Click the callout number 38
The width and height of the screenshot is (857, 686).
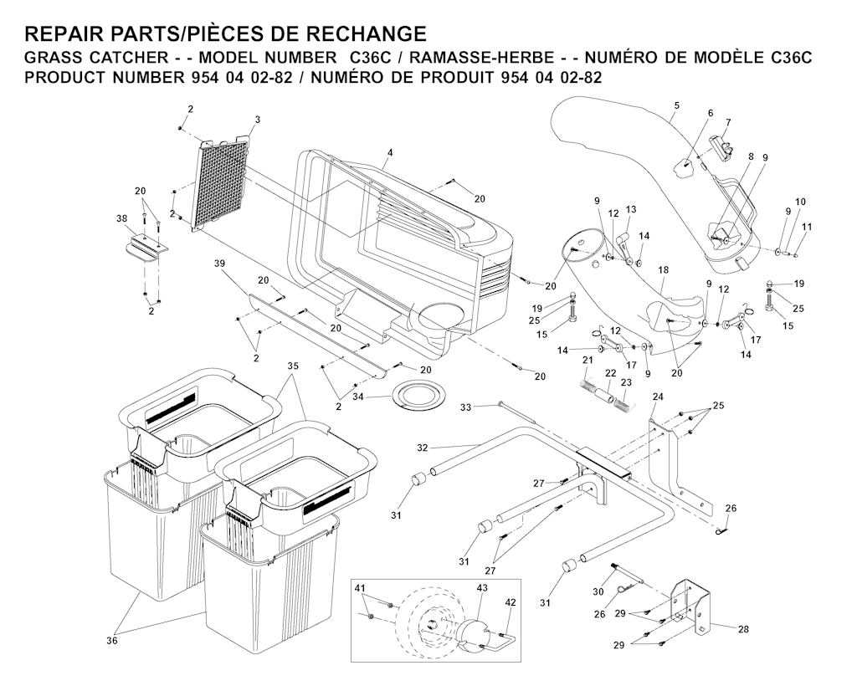click(x=121, y=219)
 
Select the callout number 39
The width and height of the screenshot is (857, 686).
click(x=220, y=264)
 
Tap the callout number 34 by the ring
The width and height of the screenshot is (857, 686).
click(x=357, y=396)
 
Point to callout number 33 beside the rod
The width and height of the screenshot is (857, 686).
click(x=467, y=407)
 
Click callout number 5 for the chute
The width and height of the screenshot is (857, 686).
click(x=676, y=105)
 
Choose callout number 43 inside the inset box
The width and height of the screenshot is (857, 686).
click(x=481, y=589)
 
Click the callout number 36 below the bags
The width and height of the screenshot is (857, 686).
click(x=112, y=641)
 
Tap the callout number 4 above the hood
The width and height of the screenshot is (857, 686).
click(x=390, y=152)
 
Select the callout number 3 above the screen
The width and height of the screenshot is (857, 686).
click(x=258, y=120)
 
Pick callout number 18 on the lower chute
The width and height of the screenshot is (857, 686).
click(x=664, y=270)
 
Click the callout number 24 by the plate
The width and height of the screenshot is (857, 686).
click(x=658, y=397)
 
